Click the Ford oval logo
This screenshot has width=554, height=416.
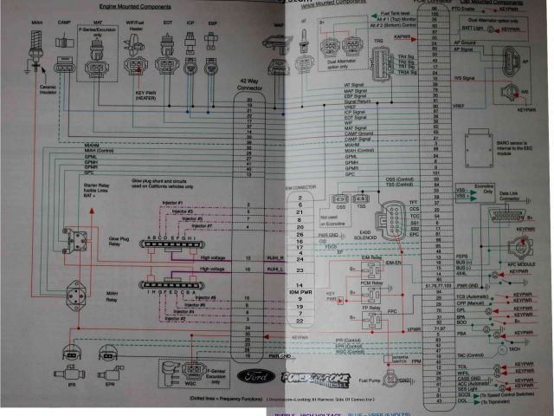[261, 377]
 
